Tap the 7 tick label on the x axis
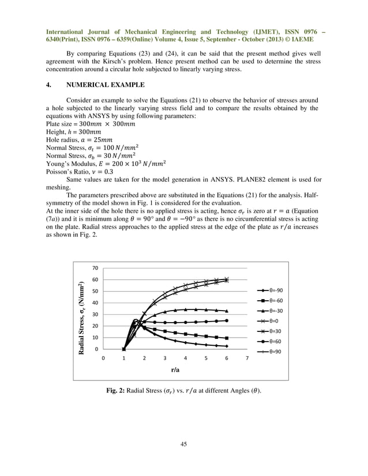click(247, 358)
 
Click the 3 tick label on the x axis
click(165, 358)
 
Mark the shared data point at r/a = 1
click(124, 349)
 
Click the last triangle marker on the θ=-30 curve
click(226, 311)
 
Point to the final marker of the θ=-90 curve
click(226, 346)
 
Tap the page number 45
click(183, 443)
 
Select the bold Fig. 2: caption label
click(118, 392)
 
